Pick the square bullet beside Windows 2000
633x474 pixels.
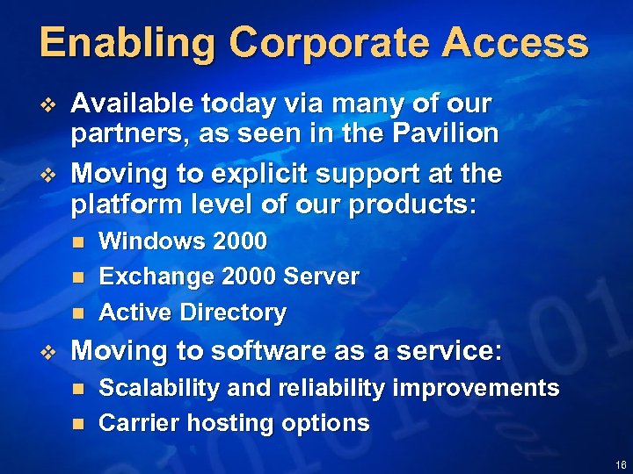click(x=77, y=241)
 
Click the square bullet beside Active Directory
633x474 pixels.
click(x=77, y=312)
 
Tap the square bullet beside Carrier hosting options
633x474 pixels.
click(x=77, y=424)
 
